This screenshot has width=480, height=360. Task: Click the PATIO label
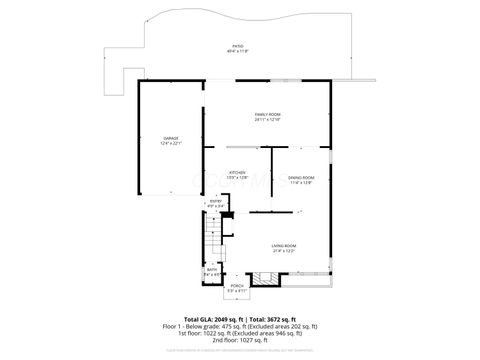point(238,44)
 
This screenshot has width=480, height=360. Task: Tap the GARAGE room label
point(170,137)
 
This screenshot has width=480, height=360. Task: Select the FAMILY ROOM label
point(266,114)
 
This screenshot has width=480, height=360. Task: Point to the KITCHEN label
point(238,171)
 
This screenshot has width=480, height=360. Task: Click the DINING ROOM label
point(301,177)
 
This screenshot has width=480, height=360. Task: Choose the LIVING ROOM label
point(283,246)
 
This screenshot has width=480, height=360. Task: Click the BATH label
point(212,269)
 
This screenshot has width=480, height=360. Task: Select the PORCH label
point(237,286)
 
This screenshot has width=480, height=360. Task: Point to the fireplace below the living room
point(262,280)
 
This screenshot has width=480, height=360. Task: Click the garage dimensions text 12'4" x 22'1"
point(170,143)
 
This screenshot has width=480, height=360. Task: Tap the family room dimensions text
point(266,120)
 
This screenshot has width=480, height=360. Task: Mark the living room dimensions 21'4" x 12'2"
point(283,251)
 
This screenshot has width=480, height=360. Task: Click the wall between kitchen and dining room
point(271,170)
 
